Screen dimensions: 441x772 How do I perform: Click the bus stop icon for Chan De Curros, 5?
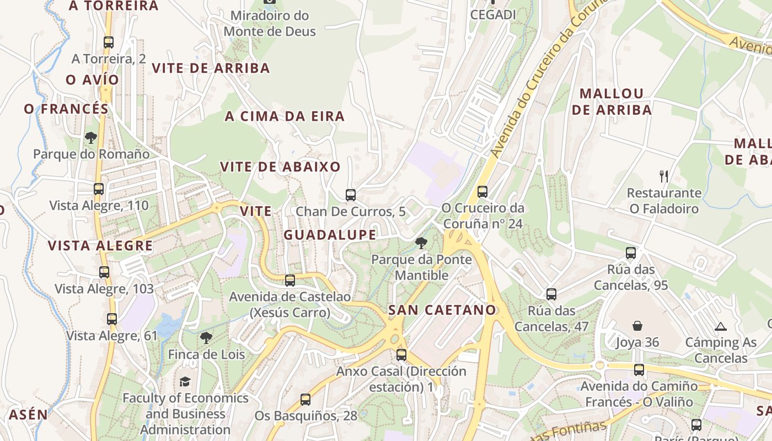coord(350,195)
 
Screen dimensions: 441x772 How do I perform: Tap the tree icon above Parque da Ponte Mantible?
coord(421,243)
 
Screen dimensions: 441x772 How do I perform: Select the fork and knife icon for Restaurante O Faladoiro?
coord(664,176)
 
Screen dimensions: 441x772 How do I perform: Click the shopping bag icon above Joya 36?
coord(637,326)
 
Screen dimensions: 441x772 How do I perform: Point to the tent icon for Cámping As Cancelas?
coord(720,326)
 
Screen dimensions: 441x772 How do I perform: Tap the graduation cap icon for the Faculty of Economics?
coord(185,381)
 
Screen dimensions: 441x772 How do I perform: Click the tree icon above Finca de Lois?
coord(206,337)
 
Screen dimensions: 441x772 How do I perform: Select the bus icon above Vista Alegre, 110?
coord(99,189)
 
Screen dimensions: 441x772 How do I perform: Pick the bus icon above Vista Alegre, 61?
coord(112,319)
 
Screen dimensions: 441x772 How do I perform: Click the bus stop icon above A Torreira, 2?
coord(109,42)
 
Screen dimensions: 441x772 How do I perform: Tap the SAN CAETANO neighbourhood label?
coord(442,310)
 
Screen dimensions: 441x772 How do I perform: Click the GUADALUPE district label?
coord(330,235)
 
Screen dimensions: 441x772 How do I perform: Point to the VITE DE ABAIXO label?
coord(280,166)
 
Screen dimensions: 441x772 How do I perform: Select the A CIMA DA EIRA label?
coord(285,116)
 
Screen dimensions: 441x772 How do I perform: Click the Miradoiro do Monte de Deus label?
coord(270,23)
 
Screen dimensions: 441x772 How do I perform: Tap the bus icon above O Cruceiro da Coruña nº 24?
coord(482,191)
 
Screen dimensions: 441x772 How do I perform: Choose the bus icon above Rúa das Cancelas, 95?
coord(631,253)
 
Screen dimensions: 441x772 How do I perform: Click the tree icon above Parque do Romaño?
coord(91,138)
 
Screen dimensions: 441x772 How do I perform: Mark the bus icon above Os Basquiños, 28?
coord(305,400)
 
